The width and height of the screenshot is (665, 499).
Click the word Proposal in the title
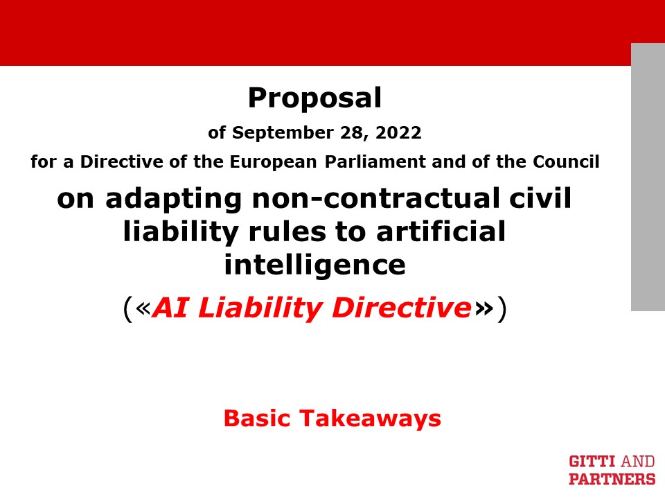point(314,98)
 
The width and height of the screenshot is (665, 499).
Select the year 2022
point(398,132)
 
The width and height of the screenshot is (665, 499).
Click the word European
point(273,161)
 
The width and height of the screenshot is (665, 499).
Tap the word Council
point(566,161)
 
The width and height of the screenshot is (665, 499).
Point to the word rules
point(287,231)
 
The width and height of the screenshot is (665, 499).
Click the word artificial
point(441,231)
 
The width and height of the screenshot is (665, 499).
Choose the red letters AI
point(170,307)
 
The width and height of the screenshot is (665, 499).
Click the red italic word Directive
point(401,307)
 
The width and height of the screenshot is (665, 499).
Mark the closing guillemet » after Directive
point(484,309)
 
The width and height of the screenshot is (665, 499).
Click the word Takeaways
point(370,419)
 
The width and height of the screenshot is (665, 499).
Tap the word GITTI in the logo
point(592,462)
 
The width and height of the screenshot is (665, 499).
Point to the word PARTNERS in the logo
point(612,479)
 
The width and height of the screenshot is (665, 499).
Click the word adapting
point(173,200)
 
